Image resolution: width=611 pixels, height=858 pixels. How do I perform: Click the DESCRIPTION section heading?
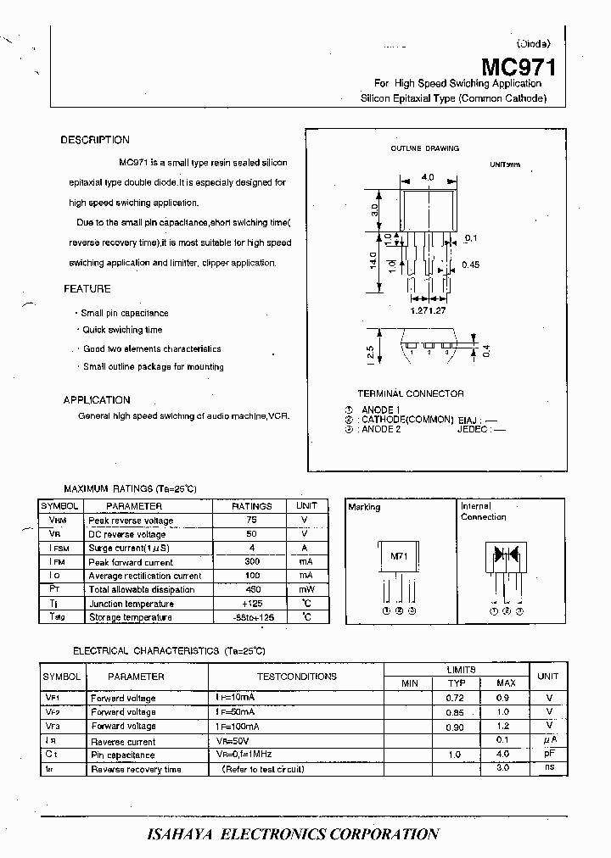[95, 140]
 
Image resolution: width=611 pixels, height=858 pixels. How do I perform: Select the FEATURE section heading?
[87, 289]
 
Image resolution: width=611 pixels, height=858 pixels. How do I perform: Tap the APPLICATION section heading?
[97, 400]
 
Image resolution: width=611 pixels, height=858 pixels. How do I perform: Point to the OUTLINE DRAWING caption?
[424, 148]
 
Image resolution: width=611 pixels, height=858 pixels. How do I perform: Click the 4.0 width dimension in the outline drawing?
[427, 177]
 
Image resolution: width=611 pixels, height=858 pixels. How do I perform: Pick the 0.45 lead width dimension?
[470, 265]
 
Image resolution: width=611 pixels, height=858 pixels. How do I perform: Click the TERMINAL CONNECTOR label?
[411, 393]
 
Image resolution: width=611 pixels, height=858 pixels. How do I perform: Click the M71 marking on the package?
[398, 556]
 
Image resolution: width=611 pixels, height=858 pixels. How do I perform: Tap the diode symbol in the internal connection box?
[507, 556]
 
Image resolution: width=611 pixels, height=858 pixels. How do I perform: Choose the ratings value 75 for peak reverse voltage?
[251, 520]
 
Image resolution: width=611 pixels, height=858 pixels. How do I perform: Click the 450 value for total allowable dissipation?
[251, 589]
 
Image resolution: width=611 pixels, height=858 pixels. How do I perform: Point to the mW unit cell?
[306, 589]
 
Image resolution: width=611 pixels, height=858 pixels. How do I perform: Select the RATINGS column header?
[252, 506]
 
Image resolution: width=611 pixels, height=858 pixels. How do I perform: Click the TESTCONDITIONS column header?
[297, 677]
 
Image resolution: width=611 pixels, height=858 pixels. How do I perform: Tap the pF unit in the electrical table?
[548, 754]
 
